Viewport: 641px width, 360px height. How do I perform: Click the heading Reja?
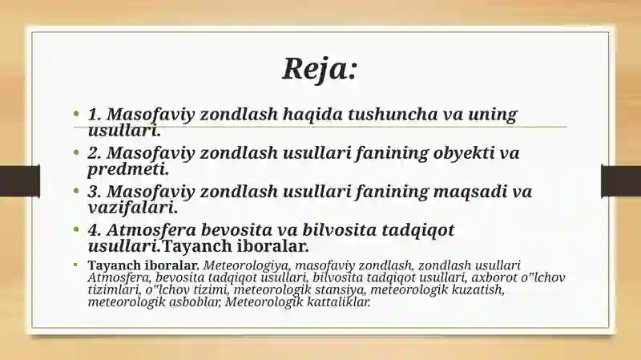(320, 68)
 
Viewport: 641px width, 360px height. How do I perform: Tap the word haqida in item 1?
(312, 114)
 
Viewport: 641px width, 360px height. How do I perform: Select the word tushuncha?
(393, 114)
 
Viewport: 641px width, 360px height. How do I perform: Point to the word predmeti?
(128, 169)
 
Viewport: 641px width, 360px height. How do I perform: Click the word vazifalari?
(133, 208)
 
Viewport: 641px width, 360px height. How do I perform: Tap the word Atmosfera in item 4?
(151, 230)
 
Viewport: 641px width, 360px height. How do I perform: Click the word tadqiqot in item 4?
(417, 230)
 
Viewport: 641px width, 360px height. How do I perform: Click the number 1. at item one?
(95, 114)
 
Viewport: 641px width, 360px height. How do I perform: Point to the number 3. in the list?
(95, 192)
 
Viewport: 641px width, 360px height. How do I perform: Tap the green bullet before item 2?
(76, 152)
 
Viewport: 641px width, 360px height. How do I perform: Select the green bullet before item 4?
(76, 229)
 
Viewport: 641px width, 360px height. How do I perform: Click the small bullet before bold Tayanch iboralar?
(75, 265)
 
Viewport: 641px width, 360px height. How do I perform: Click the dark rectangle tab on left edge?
(20, 181)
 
